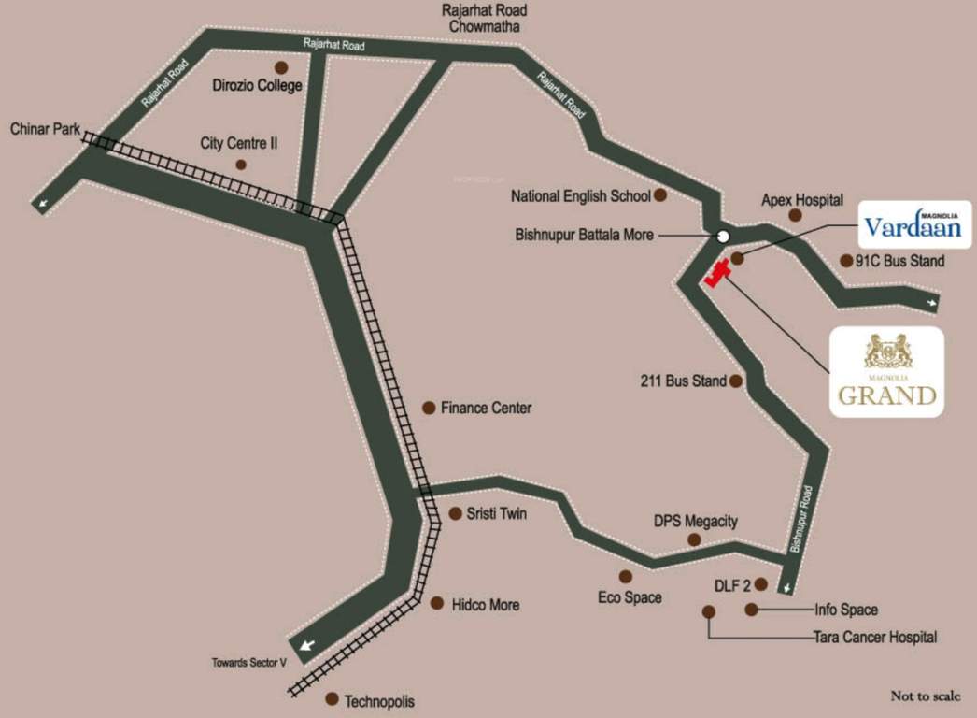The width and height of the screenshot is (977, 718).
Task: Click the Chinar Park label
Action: pos(46,129)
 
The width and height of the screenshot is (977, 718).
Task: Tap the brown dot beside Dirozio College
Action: pos(280,68)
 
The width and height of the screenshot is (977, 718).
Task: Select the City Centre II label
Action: pos(240,144)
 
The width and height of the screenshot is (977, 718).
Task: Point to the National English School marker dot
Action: pos(660,195)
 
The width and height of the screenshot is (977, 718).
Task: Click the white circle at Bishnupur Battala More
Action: pos(723,236)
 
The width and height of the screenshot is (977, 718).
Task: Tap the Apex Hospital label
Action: pos(802,200)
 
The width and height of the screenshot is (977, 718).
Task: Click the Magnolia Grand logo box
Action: pos(886,371)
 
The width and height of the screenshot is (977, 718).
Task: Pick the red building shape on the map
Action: pos(717,275)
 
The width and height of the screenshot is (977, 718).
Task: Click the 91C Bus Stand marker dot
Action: pos(846,261)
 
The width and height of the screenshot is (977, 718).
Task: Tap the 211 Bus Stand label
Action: pos(683,381)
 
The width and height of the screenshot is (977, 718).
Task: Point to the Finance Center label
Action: pos(486,408)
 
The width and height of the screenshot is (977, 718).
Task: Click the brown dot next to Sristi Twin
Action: pos(456,513)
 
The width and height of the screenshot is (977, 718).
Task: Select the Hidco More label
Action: pos(485,605)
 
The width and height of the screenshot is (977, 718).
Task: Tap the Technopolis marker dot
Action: pos(331,698)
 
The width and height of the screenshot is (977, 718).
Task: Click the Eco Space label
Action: pos(630,597)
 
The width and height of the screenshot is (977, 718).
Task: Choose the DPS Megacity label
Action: pos(695,521)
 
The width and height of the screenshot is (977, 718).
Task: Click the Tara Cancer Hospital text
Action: pos(874,638)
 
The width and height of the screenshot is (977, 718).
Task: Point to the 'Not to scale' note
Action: pos(925,696)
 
